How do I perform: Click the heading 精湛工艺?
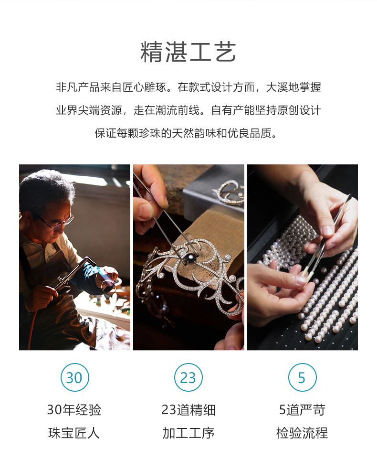pyautogui.click(x=188, y=52)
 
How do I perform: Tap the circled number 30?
pyautogui.click(x=74, y=377)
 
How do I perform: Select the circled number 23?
pyautogui.click(x=188, y=377)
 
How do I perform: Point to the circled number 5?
pyautogui.click(x=302, y=377)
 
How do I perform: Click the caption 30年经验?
pyautogui.click(x=74, y=409)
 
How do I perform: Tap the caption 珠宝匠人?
pyautogui.click(x=74, y=433)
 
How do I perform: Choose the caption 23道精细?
pyautogui.click(x=188, y=409)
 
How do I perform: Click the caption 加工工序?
pyautogui.click(x=188, y=433)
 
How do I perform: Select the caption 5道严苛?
pyautogui.click(x=302, y=409)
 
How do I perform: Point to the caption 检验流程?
pyautogui.click(x=302, y=433)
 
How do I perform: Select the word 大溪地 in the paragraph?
pyautogui.click(x=283, y=87)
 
